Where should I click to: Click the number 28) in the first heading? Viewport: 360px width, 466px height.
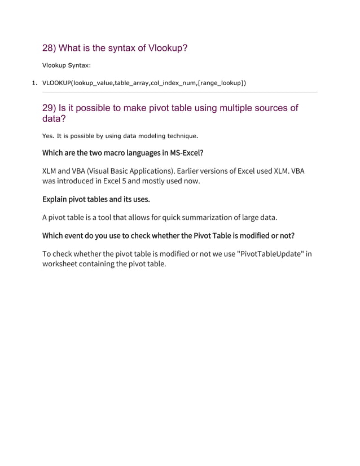point(49,49)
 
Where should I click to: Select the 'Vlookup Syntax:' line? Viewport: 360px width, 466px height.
point(66,65)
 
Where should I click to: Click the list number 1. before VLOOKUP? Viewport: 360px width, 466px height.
point(34,83)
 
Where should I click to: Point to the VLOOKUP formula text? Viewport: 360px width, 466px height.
point(144,83)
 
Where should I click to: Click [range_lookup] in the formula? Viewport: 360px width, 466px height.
point(222,83)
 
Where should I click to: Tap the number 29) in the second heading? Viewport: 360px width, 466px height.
point(49,108)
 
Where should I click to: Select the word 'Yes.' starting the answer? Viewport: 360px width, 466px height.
point(49,135)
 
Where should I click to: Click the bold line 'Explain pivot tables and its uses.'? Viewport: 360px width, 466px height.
point(96,199)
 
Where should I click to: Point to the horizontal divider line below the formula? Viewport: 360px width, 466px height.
point(180,92)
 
